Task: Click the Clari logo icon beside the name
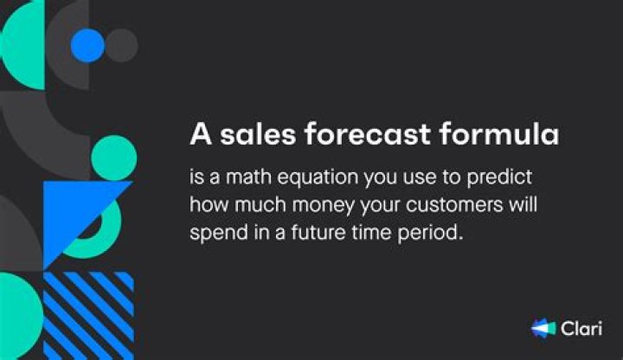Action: point(543,329)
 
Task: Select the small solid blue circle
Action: point(87,45)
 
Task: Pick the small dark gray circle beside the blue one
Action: point(121,45)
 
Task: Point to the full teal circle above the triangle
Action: point(113,158)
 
